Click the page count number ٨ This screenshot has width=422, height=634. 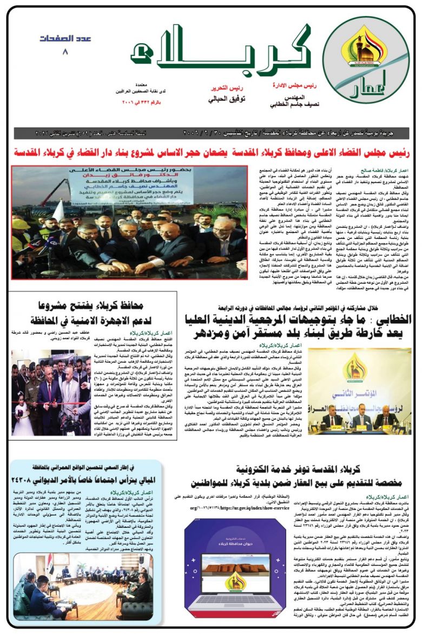pyautogui.click(x=66, y=53)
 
